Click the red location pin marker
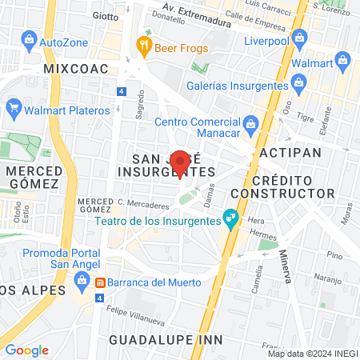181,163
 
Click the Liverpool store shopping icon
300,37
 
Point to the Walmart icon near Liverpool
343,59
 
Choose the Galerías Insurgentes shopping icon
300,81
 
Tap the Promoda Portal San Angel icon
82,279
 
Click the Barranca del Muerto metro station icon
101,282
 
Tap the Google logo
26,350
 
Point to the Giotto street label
104,15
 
